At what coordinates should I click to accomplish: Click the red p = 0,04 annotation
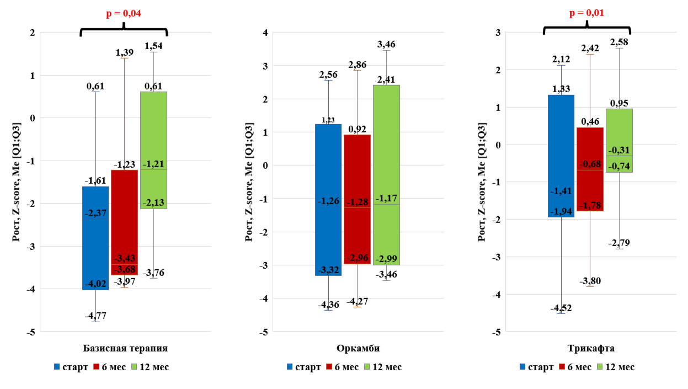coord(123,14)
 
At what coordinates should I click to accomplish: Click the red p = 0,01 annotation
coord(586,13)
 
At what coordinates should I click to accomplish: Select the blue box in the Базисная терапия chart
coord(95,238)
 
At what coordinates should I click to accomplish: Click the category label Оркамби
coord(358,349)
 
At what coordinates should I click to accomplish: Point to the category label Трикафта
coord(590,349)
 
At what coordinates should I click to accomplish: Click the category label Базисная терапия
coord(125,349)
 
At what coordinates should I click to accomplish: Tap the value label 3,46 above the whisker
coord(386,44)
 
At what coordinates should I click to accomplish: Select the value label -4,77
coord(95,316)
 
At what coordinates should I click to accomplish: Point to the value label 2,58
coord(620,42)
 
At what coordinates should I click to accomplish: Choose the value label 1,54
coord(153,46)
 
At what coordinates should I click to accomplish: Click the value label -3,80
coord(590,281)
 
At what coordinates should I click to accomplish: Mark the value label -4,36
coord(328,305)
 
